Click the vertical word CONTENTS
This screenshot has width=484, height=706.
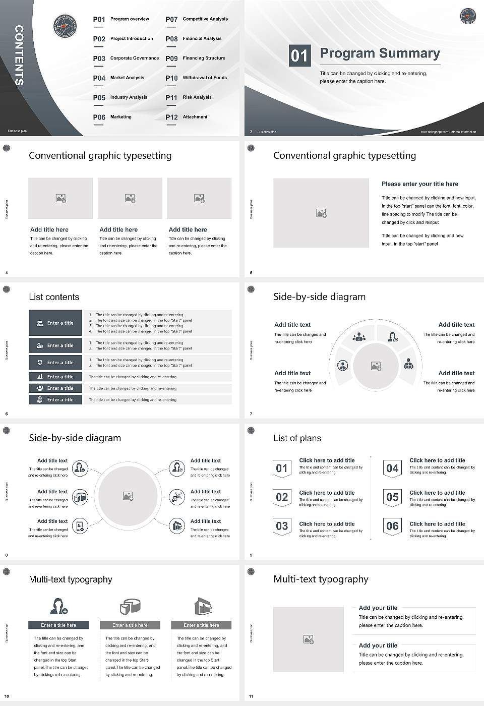19,55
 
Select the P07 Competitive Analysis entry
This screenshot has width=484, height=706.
197,19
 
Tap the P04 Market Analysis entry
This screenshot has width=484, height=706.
118,78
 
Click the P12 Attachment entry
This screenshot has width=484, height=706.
187,117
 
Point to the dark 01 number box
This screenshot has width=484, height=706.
299,55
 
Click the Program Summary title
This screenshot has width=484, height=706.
380,53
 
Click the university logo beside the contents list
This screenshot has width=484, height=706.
65,26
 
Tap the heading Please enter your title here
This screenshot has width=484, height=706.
419,184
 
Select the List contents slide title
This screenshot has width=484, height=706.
54,297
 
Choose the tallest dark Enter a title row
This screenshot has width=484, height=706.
55,323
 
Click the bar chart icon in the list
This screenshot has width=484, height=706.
40,377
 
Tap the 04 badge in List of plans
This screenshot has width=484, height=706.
392,468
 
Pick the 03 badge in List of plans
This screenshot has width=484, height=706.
282,526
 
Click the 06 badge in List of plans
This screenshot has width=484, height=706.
392,526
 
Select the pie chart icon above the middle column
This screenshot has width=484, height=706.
130,606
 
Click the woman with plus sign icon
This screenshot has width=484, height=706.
58,606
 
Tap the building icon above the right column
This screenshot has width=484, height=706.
202,606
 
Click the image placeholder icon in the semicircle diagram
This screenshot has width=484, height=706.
376,366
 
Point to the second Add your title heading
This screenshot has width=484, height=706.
378,645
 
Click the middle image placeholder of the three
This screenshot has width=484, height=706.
130,198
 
